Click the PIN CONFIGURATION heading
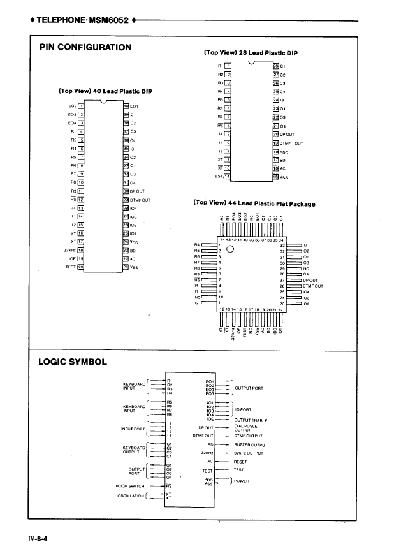(86, 47)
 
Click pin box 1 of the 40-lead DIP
(81, 105)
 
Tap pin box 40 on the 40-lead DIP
(126, 105)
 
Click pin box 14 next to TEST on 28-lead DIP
(226, 175)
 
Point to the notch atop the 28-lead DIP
(251, 62)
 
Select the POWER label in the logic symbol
(243, 480)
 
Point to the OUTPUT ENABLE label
(251, 420)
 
